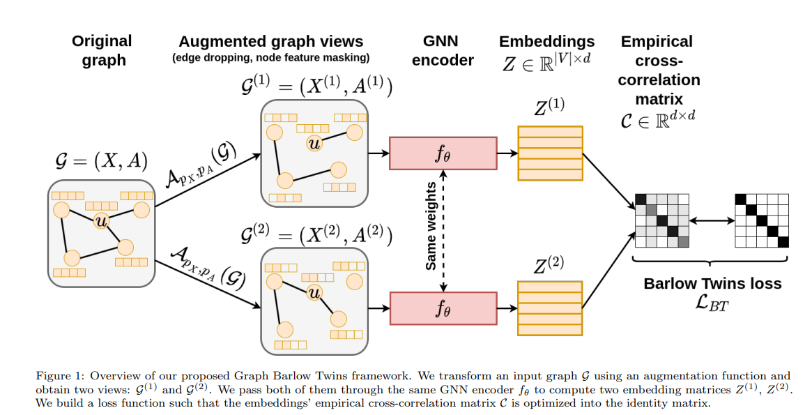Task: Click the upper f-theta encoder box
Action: pos(443,153)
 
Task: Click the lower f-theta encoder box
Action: pos(443,308)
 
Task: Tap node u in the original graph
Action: pos(102,221)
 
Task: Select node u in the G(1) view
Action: pos(315,143)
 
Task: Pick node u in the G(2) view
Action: pos(314,292)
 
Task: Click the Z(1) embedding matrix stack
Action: pos(550,153)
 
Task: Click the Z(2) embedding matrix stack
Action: pos(550,308)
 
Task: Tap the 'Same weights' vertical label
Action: pos(431,227)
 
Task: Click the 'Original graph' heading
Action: pos(102,50)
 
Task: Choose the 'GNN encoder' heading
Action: pos(443,50)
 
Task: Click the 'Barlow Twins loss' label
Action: pos(712,283)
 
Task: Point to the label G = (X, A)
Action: pos(102,160)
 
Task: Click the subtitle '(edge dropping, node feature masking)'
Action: pos(270,58)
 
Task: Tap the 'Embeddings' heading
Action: pos(547,41)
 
